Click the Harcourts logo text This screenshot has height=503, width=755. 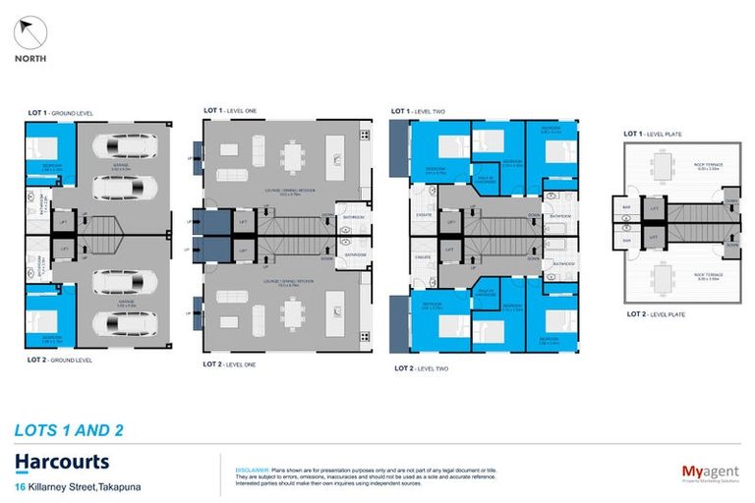tap(62, 462)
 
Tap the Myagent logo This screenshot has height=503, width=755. tap(709, 472)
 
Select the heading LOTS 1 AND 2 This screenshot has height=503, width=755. tap(70, 429)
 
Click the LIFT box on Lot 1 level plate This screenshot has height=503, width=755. tap(653, 208)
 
